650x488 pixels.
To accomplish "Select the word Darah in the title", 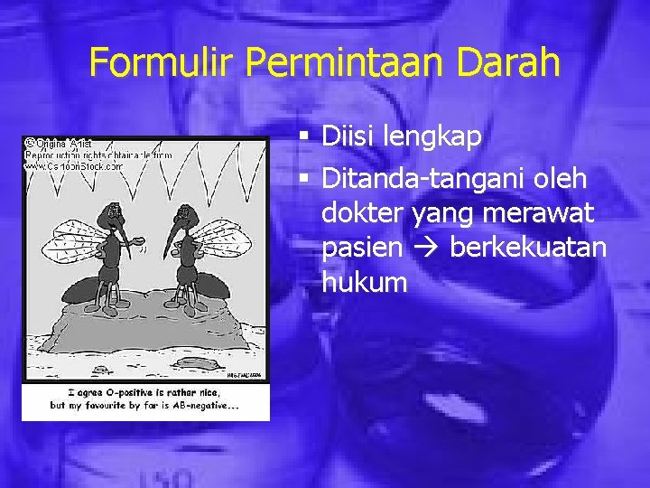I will (512, 62).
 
